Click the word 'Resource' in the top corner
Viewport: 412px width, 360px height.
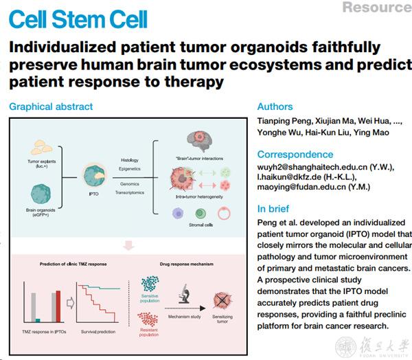tap(376, 8)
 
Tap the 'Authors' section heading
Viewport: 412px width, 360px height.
tap(275, 106)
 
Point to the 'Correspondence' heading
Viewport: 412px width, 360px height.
tap(295, 155)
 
